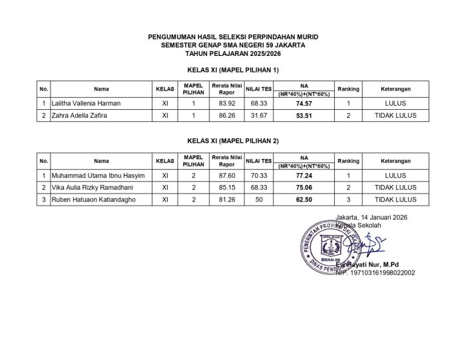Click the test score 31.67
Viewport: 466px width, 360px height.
258,115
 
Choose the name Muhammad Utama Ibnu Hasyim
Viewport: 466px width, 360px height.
93,176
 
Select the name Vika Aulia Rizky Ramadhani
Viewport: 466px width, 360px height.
92,188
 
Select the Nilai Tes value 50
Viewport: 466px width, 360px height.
258,199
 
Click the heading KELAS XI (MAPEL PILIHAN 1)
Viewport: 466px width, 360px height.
233,69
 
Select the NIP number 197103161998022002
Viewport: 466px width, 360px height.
375,272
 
